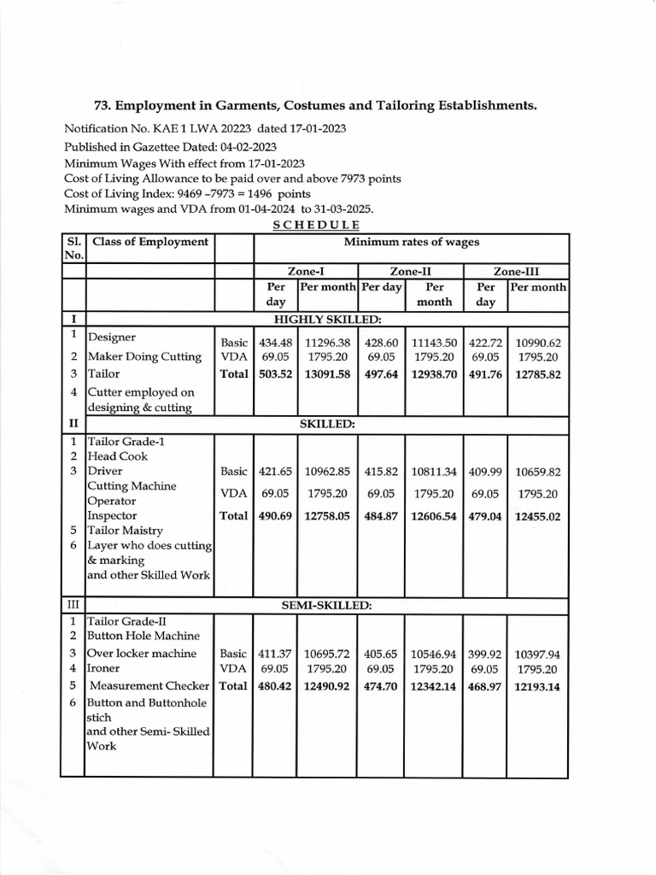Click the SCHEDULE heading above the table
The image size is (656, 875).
(316, 225)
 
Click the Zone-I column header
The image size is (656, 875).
(307, 270)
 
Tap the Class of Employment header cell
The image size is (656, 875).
(150, 242)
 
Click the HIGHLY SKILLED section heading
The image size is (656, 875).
(328, 318)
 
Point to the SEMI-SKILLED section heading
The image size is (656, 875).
(327, 605)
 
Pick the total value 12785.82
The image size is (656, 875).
(537, 373)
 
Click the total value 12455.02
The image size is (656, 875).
(537, 516)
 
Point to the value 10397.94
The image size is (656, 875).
(537, 653)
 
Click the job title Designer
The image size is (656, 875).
(112, 338)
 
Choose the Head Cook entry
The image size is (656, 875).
(118, 456)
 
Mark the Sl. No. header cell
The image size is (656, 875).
(74, 248)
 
